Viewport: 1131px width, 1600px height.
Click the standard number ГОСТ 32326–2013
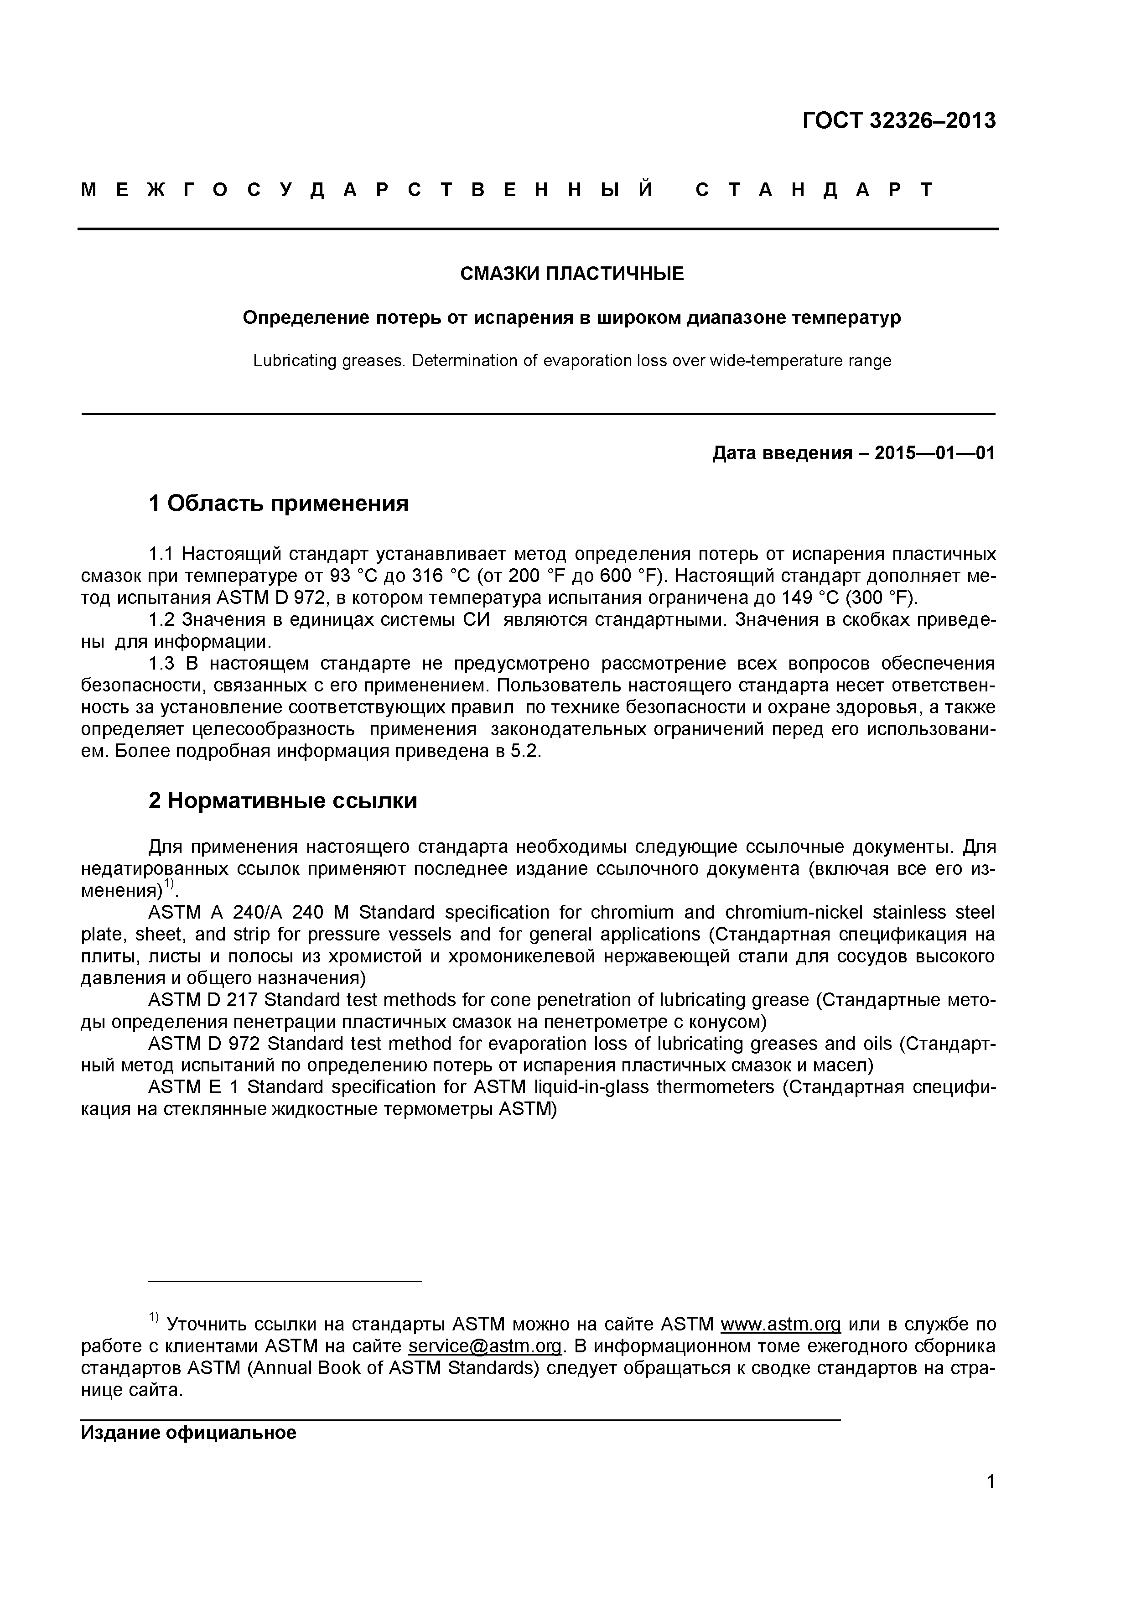pos(899,121)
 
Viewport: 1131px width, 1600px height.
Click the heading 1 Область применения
pos(278,503)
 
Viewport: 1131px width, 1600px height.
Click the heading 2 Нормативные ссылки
pos(282,801)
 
